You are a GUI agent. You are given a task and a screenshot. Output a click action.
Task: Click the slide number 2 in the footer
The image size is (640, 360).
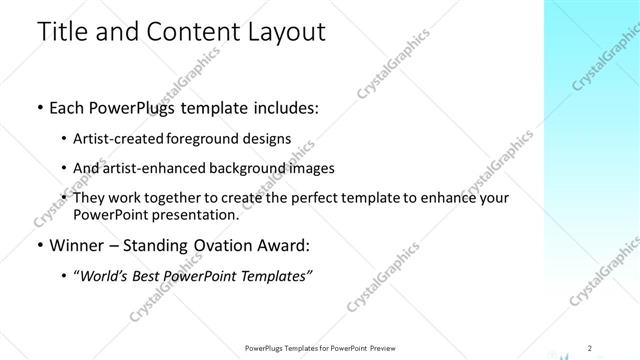(x=590, y=347)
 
